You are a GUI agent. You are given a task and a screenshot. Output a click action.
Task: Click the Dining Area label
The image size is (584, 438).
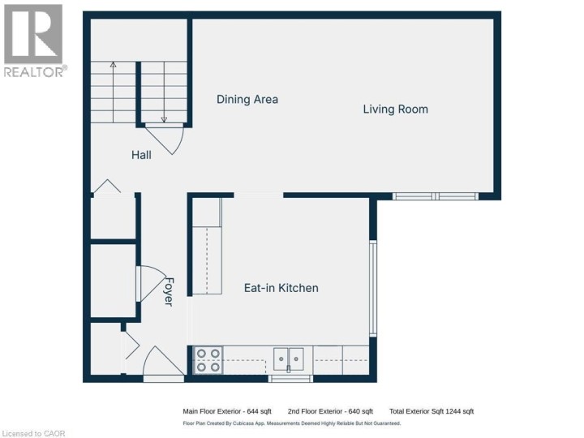[x=247, y=100]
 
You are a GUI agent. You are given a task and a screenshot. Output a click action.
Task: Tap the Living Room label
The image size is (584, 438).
[x=395, y=109]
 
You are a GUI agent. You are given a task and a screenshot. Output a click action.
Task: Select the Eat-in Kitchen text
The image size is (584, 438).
[x=281, y=288]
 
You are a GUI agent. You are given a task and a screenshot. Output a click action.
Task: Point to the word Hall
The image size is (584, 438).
[x=141, y=154]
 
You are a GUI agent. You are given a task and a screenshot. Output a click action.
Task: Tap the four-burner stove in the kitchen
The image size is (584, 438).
[x=208, y=359]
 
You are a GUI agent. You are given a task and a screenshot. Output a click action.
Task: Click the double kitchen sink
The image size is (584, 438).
[x=288, y=358]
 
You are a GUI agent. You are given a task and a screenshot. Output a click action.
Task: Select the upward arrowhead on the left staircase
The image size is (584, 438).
[x=113, y=64]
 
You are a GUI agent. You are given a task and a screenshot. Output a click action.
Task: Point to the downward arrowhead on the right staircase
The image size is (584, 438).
[x=164, y=118]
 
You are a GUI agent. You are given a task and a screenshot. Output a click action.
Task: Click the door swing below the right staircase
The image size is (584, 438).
[x=168, y=140]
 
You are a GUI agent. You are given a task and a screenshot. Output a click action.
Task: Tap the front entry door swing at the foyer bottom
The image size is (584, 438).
[x=163, y=361]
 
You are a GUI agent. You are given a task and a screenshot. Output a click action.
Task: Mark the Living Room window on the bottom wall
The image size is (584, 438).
[x=436, y=195]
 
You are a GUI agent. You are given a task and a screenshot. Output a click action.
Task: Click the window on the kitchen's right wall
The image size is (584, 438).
[x=373, y=288]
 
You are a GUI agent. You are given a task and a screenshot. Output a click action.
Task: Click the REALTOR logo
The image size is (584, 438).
[x=33, y=41]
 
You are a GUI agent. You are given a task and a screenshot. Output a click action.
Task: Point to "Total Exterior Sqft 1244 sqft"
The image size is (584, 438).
[x=431, y=411]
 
